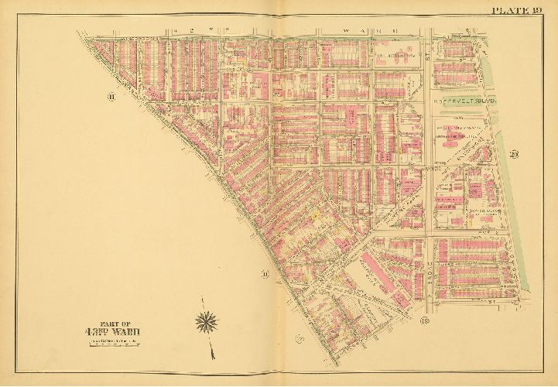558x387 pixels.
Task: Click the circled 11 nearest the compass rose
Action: (x=265, y=273)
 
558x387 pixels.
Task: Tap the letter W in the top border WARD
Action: (x=341, y=32)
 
